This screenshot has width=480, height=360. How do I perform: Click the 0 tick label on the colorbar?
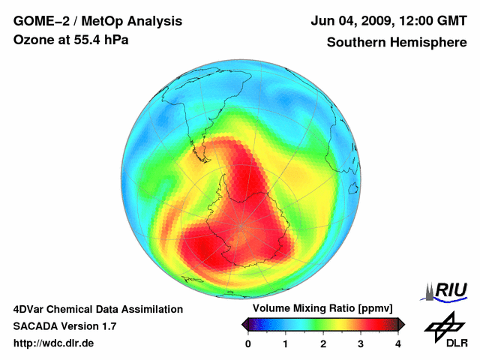pyautogui.click(x=248, y=343)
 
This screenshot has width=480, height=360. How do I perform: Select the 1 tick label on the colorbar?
pyautogui.click(x=286, y=343)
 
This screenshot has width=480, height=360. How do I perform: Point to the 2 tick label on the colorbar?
pyautogui.click(x=323, y=343)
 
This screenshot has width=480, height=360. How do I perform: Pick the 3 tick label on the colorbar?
pyautogui.click(x=361, y=343)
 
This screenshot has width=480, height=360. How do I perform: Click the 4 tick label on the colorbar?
pyautogui.click(x=398, y=343)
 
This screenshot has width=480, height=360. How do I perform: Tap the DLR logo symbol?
pyautogui.click(x=444, y=324)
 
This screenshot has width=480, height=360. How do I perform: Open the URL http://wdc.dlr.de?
pyautogui.click(x=54, y=343)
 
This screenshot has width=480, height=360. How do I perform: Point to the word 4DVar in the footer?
pyautogui.click(x=31, y=309)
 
